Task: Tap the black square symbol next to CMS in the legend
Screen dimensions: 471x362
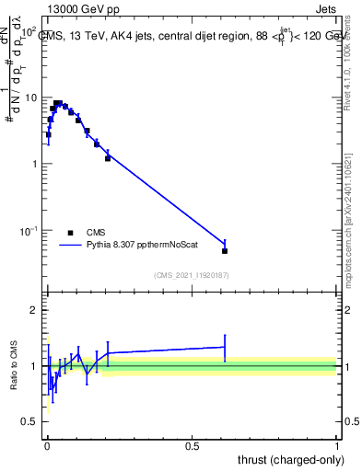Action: [x=70, y=234]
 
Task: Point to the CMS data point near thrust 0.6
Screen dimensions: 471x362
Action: [x=225, y=250]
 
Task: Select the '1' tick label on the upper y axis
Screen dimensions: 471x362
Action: [x=34, y=164]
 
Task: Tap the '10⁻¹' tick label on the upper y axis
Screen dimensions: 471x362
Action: [x=28, y=229]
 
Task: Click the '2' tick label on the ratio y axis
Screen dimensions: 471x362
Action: [x=34, y=311]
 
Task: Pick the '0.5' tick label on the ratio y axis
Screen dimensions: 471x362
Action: [x=29, y=421]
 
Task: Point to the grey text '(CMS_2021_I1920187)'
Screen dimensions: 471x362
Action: [x=192, y=275]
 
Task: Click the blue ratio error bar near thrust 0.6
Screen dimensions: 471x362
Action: [x=225, y=347]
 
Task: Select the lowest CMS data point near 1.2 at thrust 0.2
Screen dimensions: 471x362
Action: [x=108, y=158]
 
